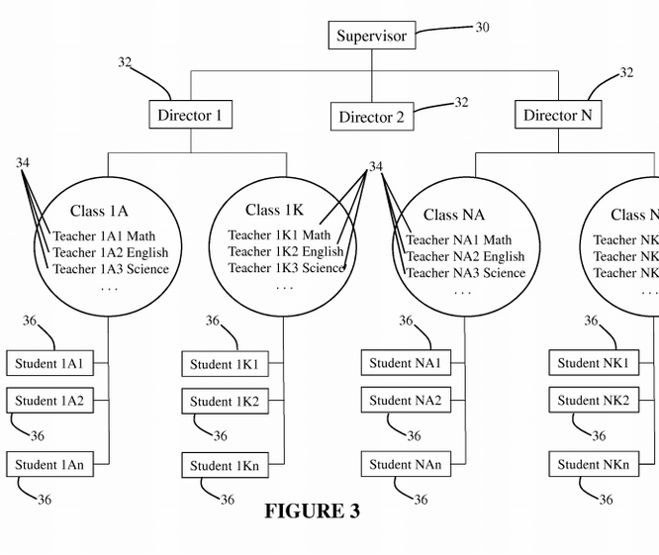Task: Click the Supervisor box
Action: click(371, 37)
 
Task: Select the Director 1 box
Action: click(190, 115)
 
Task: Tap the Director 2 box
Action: click(371, 117)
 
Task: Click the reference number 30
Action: click(482, 28)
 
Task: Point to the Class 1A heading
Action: click(99, 211)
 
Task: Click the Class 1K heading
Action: click(274, 210)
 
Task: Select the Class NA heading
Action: click(454, 215)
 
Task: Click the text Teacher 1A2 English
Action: click(111, 253)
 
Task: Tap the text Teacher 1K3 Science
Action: click(286, 268)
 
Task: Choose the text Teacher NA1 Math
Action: click(459, 239)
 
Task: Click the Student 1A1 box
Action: click(48, 364)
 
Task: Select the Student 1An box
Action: click(48, 465)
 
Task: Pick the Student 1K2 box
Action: click(225, 402)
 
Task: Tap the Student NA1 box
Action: click(405, 363)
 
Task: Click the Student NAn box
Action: click(405, 464)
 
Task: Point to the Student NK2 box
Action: click(593, 401)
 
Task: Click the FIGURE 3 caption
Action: click(312, 511)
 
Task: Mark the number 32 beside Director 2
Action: click(461, 102)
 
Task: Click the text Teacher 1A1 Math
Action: click(104, 236)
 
